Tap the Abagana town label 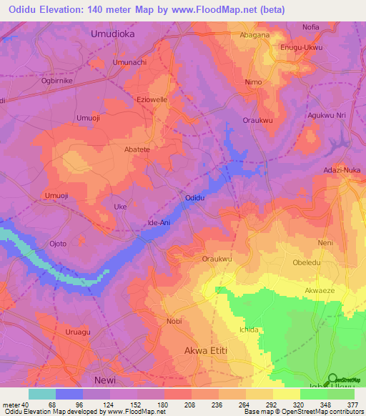pyautogui.click(x=255, y=34)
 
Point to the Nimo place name pyautogui.click(x=253, y=82)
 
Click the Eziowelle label pyautogui.click(x=152, y=100)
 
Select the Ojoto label pyautogui.click(x=57, y=244)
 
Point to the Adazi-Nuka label pyautogui.click(x=342, y=171)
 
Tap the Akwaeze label pyautogui.click(x=319, y=292)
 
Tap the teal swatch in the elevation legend pyautogui.click(x=42, y=393)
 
